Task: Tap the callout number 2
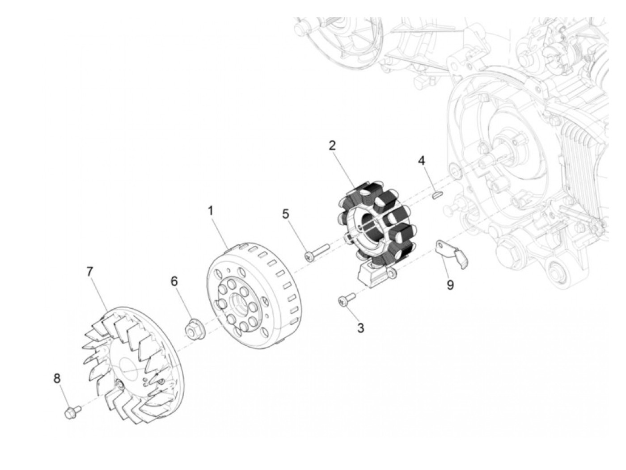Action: (x=332, y=145)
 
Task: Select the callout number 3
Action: (x=360, y=328)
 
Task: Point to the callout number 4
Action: (x=422, y=160)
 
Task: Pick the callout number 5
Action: (x=286, y=214)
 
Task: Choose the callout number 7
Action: (x=89, y=271)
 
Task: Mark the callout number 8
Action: (x=57, y=378)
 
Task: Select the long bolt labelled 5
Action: (x=316, y=251)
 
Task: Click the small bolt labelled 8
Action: (x=72, y=411)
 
